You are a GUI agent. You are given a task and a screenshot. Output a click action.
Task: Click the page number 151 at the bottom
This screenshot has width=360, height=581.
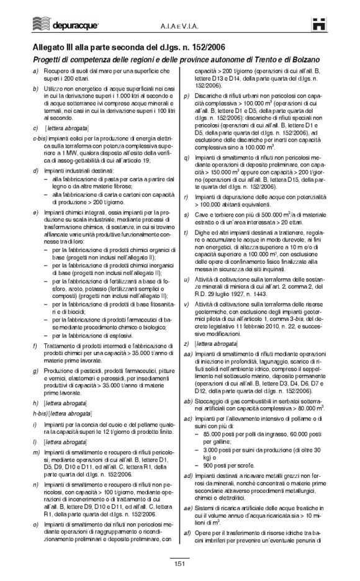pos(179,563)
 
